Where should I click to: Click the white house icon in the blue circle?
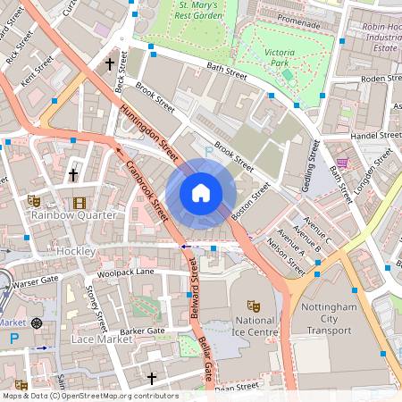[x=201, y=193]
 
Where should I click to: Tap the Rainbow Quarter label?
[x=73, y=215]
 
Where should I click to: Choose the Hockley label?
[x=75, y=252]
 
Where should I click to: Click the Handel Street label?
[x=376, y=136]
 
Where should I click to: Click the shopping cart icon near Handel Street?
[x=341, y=163]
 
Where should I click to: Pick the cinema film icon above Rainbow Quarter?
[x=79, y=203]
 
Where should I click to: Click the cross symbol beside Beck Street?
[x=110, y=64]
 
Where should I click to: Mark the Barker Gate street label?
[x=143, y=331]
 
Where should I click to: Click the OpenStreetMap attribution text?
[x=89, y=396]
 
